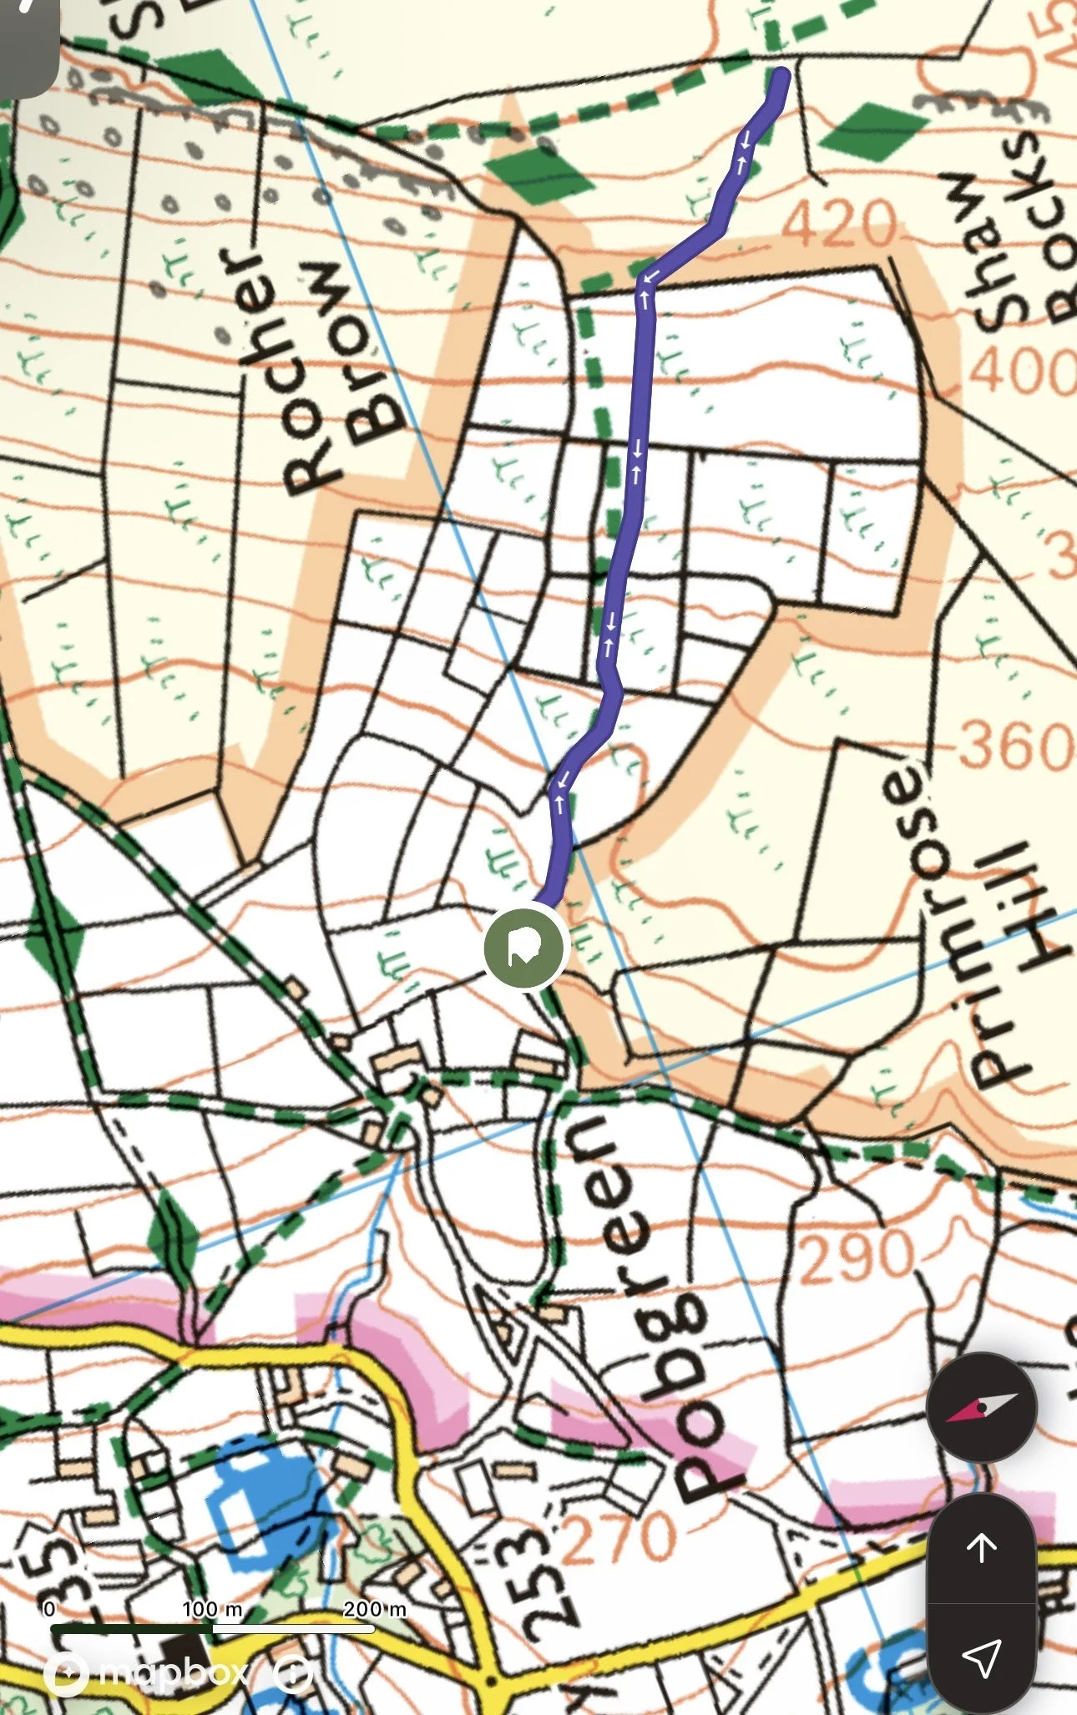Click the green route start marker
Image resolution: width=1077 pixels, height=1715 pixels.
click(525, 949)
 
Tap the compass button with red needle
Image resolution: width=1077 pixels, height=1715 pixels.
click(981, 1407)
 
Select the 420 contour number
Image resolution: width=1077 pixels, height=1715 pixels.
click(839, 223)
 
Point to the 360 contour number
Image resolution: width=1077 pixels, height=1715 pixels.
click(1014, 745)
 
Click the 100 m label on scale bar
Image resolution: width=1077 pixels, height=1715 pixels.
click(212, 1609)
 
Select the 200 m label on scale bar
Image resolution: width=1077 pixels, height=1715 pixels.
click(374, 1609)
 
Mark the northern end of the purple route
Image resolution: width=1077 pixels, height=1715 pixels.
click(781, 77)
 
